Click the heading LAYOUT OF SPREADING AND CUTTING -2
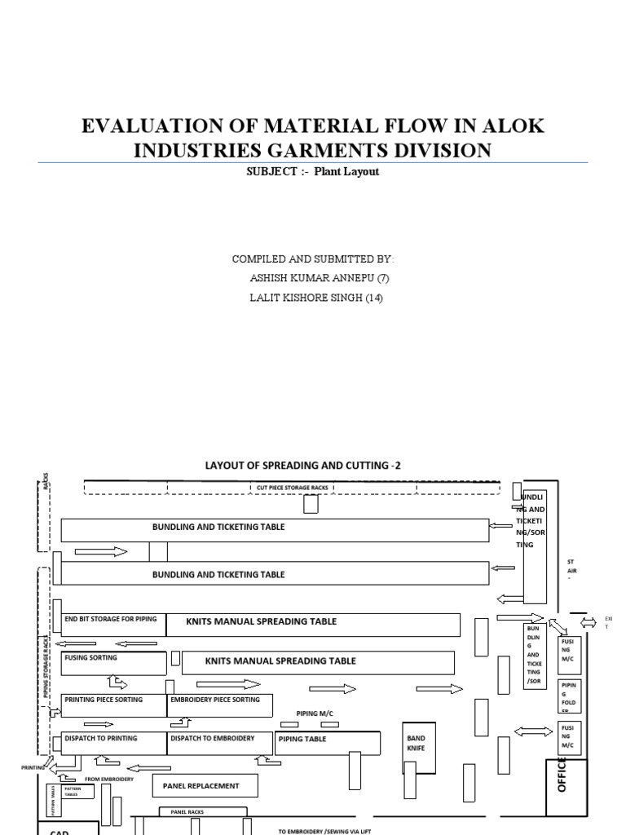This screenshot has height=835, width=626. pos(302,466)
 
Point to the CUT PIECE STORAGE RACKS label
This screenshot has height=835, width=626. pos(292,488)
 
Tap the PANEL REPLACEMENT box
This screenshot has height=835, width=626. pos(205,786)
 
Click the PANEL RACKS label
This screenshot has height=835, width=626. pos(187,812)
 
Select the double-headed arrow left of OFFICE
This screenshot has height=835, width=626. pos(531,732)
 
